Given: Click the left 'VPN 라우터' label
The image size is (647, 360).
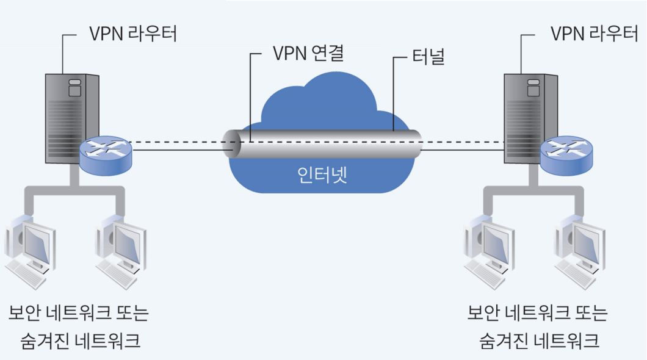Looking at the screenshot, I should pos(133,34).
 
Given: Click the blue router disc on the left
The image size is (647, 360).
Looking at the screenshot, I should pos(105,153).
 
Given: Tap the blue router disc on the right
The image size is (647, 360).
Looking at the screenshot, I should pos(567,153).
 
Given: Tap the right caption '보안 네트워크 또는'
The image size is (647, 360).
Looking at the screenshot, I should pos(537,314).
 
